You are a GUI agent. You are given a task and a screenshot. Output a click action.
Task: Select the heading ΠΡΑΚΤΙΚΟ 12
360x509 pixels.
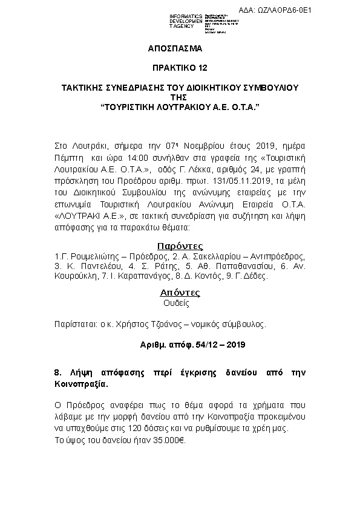(180, 70)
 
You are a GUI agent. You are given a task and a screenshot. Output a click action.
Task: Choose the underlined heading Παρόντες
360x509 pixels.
(180, 245)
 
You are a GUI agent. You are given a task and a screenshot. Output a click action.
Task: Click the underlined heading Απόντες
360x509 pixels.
(180, 293)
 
